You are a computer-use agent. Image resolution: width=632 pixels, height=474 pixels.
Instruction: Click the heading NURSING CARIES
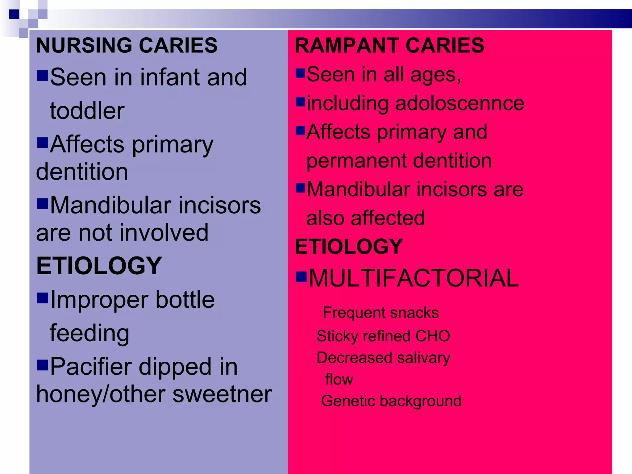click(x=127, y=45)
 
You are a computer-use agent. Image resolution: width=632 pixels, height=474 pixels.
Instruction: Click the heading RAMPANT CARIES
click(x=389, y=45)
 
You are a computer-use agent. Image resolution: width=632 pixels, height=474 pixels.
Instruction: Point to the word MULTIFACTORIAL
click(x=414, y=278)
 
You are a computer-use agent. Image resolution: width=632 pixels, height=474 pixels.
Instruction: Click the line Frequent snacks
click(x=380, y=313)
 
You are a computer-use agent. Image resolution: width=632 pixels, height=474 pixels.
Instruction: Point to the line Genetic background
click(x=391, y=401)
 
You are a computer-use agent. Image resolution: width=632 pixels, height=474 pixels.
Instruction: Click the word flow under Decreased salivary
click(x=339, y=379)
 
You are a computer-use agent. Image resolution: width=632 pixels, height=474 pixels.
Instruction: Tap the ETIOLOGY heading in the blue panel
click(x=99, y=266)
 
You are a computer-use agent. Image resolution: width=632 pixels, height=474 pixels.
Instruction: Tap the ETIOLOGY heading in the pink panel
click(x=349, y=247)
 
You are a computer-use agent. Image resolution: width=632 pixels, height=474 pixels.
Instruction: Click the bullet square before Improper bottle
click(x=42, y=298)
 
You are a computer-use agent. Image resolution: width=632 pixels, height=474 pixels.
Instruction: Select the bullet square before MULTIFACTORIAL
click(x=301, y=276)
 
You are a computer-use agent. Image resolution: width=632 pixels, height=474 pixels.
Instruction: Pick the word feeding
click(x=89, y=333)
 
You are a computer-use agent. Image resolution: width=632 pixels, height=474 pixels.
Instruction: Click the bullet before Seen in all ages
click(x=300, y=73)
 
